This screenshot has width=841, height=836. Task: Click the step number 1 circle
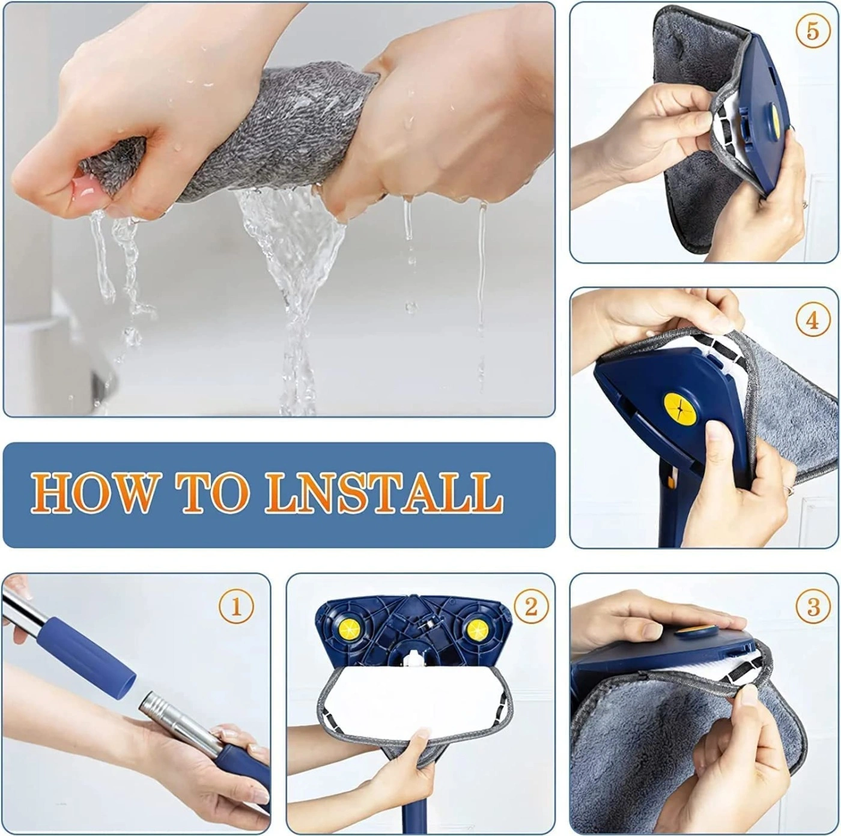pos(235,607)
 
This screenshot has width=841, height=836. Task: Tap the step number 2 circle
pos(530,607)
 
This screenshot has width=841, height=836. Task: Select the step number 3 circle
pos(813,607)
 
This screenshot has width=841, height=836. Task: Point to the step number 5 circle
pos(813,31)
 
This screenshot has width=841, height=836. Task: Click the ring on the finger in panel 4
pos(788,489)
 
